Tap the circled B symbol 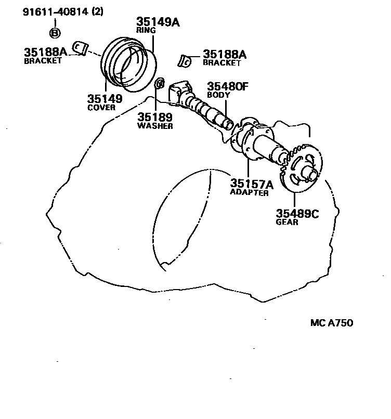pyautogui.click(x=55, y=33)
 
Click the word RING pyautogui.click(x=146, y=31)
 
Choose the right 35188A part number pyautogui.click(x=224, y=54)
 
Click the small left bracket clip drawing pyautogui.click(x=79, y=47)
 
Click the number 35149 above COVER pyautogui.click(x=105, y=99)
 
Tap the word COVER pyautogui.click(x=101, y=108)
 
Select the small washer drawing pyautogui.click(x=160, y=83)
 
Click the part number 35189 pyautogui.click(x=155, y=117)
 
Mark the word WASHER pyautogui.click(x=155, y=126)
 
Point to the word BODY pyautogui.click(x=218, y=95)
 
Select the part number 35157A pyautogui.click(x=252, y=184)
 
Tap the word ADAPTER pyautogui.click(x=249, y=193)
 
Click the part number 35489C pyautogui.click(x=296, y=213)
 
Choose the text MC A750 pyautogui.click(x=332, y=323)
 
